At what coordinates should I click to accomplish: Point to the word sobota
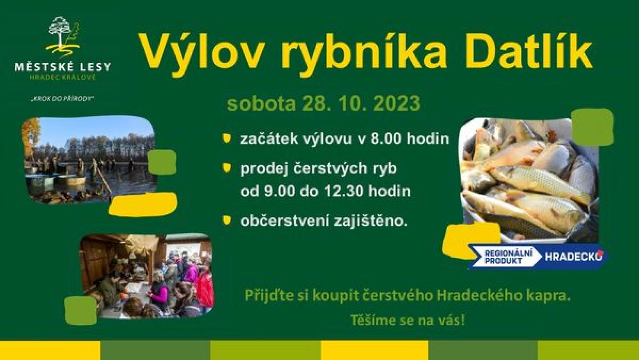tap(261, 103)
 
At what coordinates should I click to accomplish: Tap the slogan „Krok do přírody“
tap(62, 99)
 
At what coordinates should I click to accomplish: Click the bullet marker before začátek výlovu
tap(227, 138)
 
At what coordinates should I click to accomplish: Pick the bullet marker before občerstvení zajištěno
tap(227, 221)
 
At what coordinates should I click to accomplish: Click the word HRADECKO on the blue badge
tap(574, 257)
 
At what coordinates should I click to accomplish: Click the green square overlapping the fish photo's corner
tap(593, 127)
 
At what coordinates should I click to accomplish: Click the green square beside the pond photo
tap(162, 162)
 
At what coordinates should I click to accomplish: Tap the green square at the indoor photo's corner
tap(80, 310)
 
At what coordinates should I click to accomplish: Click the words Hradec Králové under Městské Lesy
tap(62, 78)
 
